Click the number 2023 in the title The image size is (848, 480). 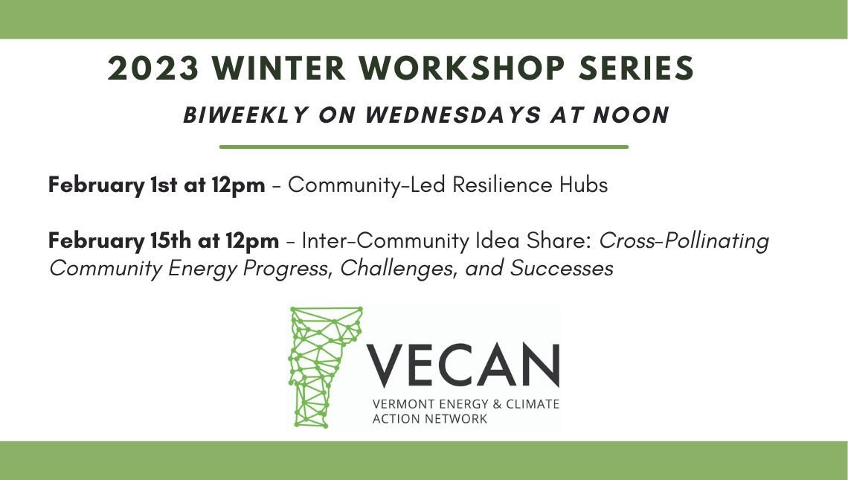153,69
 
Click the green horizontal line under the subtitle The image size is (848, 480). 423,147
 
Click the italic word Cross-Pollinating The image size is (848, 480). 684,241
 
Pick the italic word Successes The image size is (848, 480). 561,268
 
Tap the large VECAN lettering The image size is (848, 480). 463,365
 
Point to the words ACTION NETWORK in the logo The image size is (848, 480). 430,419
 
